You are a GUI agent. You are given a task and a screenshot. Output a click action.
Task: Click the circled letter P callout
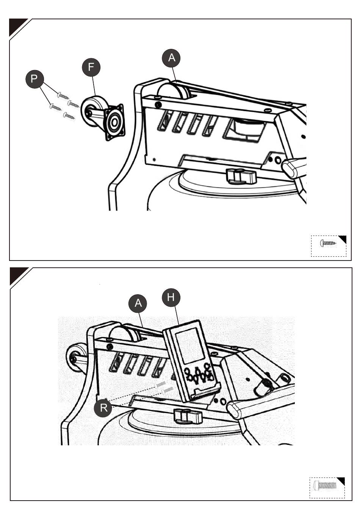pos(34,79)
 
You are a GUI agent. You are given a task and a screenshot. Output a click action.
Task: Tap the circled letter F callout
pos(91,67)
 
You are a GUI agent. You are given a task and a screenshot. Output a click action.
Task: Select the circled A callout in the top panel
pos(171,58)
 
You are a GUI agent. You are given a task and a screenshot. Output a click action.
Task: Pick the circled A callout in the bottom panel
pos(138,303)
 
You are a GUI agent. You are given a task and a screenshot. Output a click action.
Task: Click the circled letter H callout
pos(171,298)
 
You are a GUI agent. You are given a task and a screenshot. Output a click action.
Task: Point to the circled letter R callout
pos(103,408)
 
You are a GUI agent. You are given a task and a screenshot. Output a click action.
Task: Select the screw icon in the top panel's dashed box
pos(328,243)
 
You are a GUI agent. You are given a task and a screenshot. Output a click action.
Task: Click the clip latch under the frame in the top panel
pos(241,176)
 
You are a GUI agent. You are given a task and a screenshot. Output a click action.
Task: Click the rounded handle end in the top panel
pos(290,169)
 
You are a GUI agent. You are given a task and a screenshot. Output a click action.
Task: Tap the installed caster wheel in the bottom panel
pos(77,357)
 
